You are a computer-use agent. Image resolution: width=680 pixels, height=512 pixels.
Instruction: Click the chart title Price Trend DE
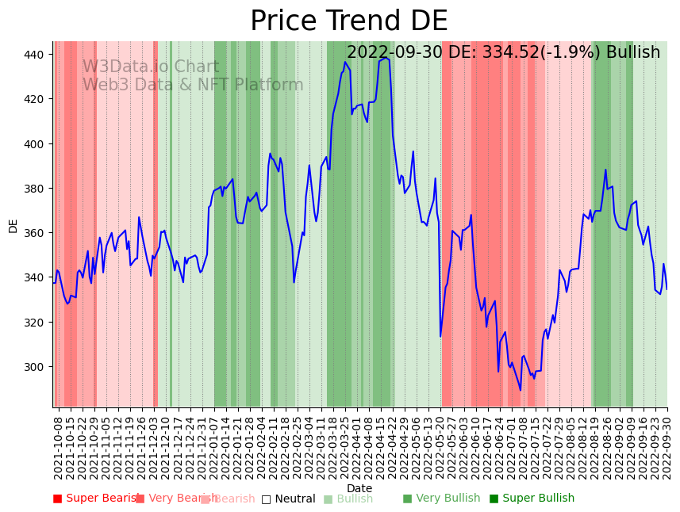tap(348, 21)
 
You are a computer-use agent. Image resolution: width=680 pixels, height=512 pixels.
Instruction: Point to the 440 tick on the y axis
tap(37, 55)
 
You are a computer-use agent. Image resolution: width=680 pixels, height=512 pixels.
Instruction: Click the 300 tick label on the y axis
tap(37, 367)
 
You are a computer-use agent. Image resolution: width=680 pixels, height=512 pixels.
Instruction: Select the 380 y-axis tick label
tap(37, 189)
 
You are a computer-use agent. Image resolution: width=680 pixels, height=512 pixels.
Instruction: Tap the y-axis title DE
tap(13, 225)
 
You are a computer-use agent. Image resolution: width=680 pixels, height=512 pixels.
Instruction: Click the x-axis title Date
tap(359, 488)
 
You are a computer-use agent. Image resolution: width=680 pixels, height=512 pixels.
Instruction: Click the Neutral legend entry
tap(288, 499)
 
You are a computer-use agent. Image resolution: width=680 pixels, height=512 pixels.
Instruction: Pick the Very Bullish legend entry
tap(441, 499)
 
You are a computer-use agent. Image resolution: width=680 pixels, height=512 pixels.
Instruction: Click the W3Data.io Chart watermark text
tap(150, 67)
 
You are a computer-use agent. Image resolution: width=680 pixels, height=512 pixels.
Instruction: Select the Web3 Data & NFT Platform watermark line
tap(192, 85)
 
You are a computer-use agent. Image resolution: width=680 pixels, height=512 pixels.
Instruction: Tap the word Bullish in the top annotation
tap(633, 53)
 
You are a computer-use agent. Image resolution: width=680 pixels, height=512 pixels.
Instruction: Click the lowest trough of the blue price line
tap(521, 390)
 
